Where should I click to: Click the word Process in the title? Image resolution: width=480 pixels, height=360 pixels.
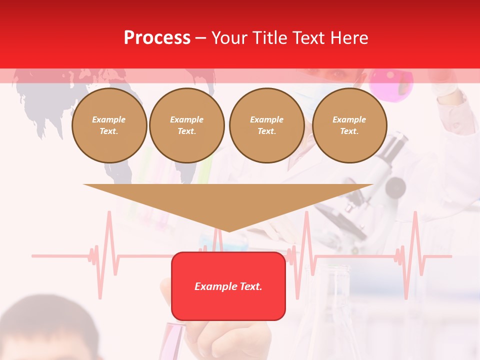click(x=157, y=38)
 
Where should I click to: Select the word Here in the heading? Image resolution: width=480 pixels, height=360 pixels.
click(x=349, y=38)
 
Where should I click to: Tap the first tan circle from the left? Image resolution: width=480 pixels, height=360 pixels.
click(x=109, y=125)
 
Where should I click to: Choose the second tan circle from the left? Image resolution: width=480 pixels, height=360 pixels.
click(x=186, y=125)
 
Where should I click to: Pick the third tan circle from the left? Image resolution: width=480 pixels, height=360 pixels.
click(x=266, y=125)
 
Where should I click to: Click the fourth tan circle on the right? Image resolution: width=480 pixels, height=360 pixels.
click(x=349, y=125)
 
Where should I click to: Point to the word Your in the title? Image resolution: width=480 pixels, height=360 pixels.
click(x=230, y=38)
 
